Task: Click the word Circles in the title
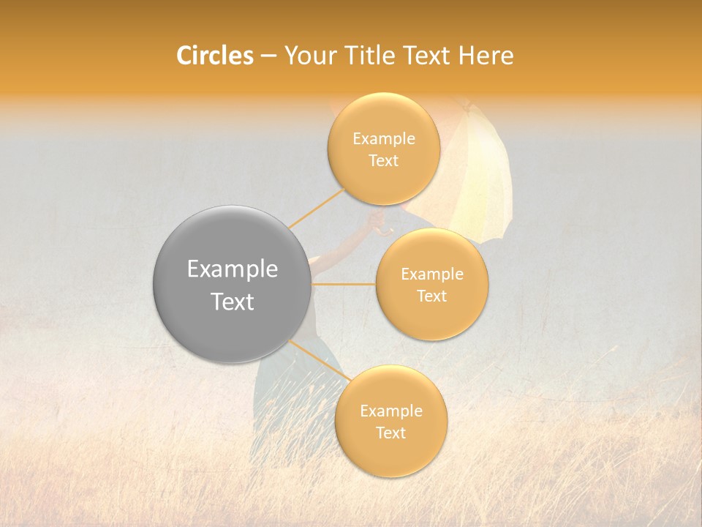pos(214,56)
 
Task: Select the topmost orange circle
pos(384,149)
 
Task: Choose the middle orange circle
pos(431,284)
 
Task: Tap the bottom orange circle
pos(390,421)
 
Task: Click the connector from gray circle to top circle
pos(316,208)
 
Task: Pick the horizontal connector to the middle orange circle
pos(344,284)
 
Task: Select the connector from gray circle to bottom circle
pos(320,362)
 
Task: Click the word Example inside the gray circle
pos(233,269)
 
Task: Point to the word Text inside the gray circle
pos(233,302)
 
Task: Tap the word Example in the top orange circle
pos(384,138)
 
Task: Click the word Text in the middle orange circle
pos(431,296)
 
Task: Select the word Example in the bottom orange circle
pos(390,411)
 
